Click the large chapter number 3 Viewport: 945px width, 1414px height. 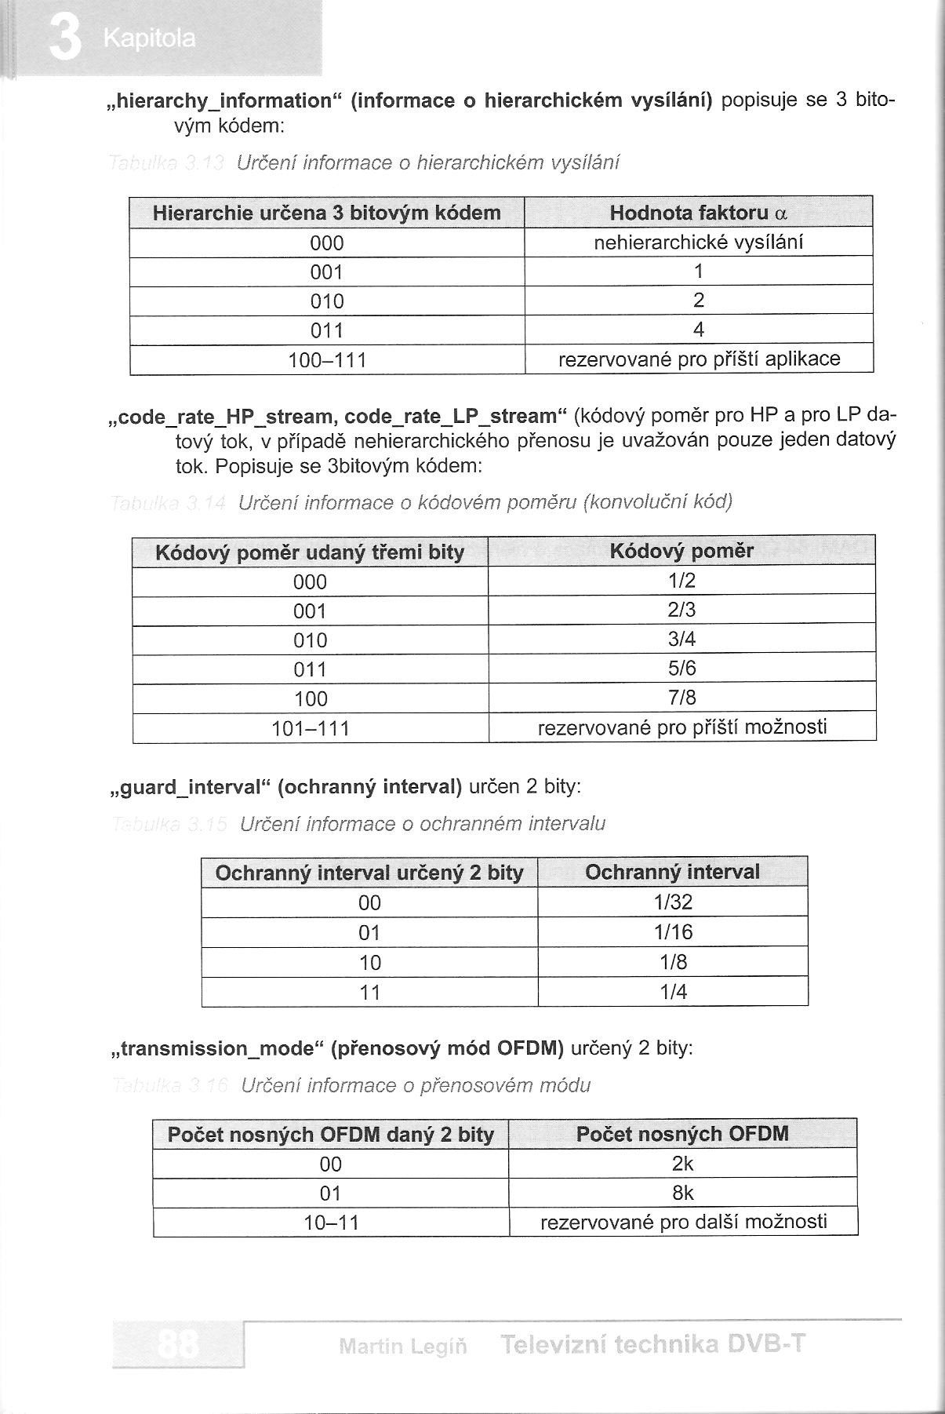tap(64, 39)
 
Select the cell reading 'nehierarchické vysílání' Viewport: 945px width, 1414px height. tap(698, 242)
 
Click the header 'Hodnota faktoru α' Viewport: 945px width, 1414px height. tap(698, 213)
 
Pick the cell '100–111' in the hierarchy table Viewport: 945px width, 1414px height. tap(327, 360)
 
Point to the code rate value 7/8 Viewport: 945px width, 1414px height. tap(681, 698)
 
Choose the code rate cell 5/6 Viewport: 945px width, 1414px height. tap(681, 669)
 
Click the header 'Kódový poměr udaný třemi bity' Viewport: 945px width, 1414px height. tap(310, 552)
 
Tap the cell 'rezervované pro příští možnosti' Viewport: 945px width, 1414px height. tap(681, 727)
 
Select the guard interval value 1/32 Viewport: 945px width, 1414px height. tap(673, 902)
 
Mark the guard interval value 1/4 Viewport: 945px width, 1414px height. tap(673, 992)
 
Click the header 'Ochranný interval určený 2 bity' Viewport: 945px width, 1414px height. tap(369, 873)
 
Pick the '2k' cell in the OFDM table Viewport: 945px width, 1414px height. tap(683, 1164)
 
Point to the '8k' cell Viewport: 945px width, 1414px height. tap(683, 1194)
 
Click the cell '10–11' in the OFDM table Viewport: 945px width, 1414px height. tap(331, 1223)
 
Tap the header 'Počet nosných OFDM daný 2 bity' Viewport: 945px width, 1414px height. tap(331, 1135)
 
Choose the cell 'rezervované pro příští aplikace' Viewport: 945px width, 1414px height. tap(698, 359)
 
